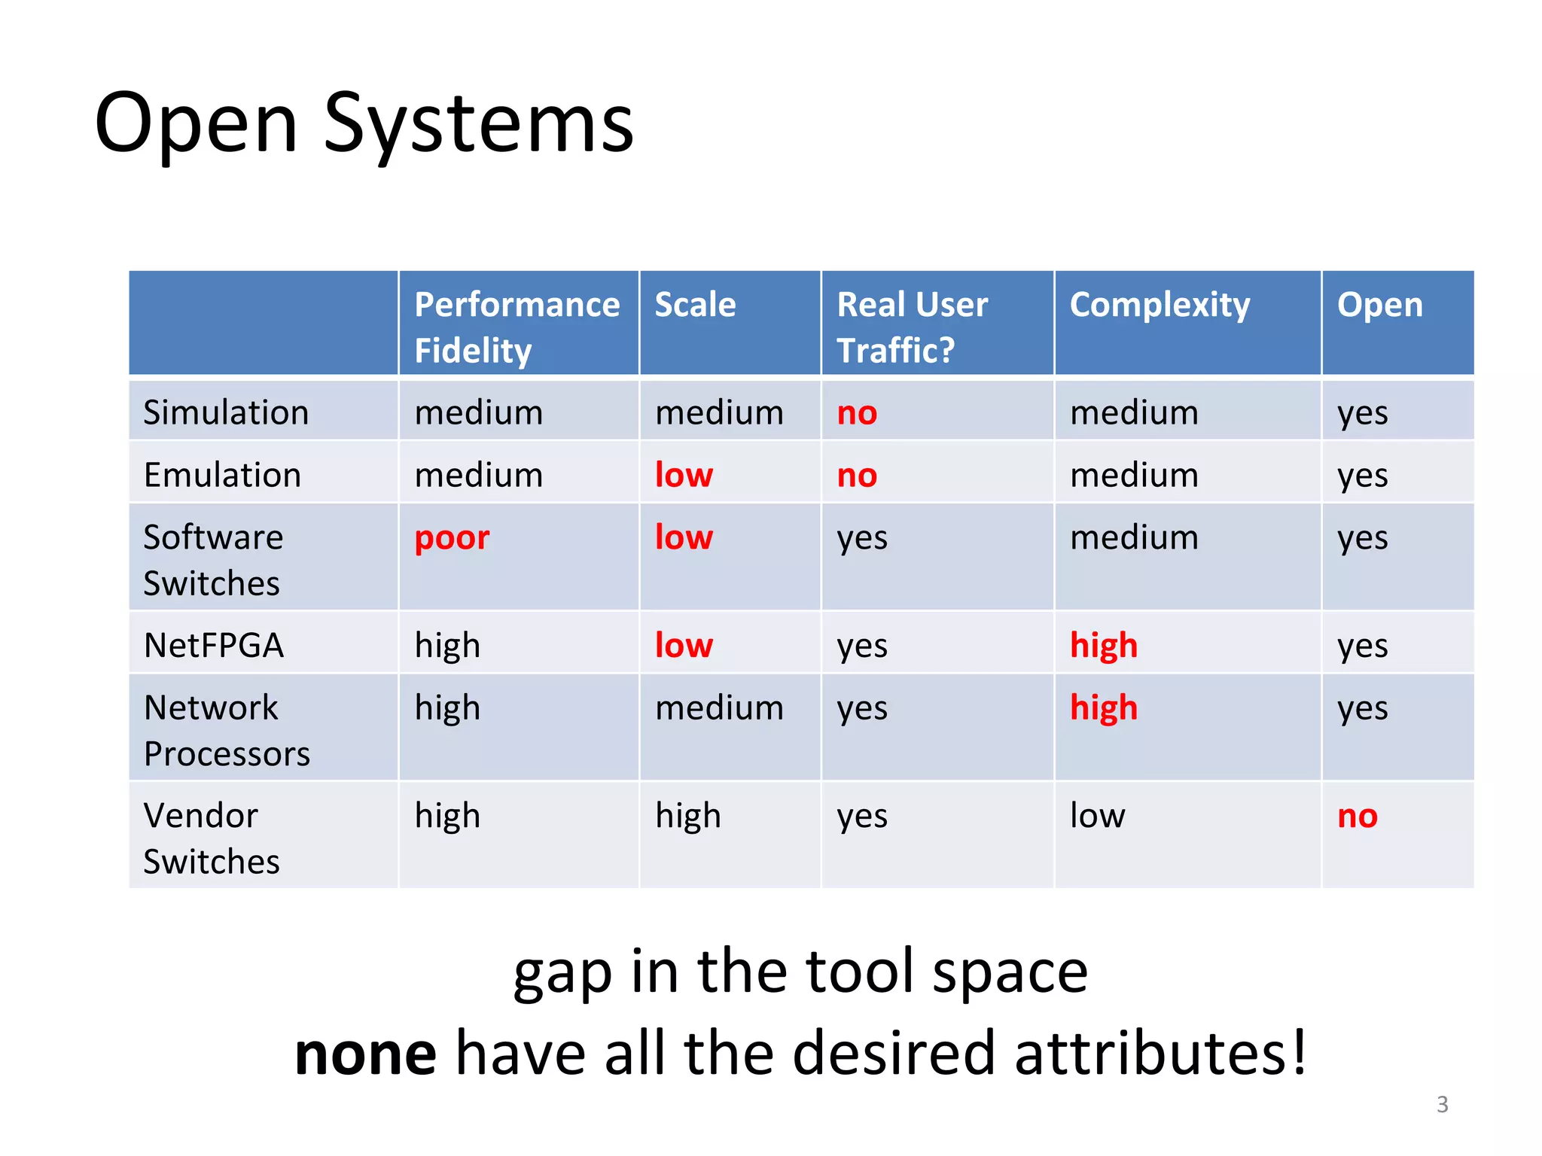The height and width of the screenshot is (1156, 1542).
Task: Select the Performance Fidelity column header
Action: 517,327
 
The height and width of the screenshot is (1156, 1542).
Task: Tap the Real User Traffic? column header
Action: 912,327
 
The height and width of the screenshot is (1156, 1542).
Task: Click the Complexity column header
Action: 1160,305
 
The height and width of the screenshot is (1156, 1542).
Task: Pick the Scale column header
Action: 695,305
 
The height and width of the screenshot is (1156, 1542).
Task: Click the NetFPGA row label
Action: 214,645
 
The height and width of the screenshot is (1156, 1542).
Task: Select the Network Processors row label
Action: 226,730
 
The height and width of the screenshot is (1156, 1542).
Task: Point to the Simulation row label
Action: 226,412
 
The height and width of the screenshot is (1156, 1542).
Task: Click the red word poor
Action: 452,537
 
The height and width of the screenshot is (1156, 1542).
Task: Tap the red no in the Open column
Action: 1358,816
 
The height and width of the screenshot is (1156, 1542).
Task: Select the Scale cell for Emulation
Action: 684,475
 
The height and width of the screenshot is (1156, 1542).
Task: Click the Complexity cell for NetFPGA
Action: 1104,645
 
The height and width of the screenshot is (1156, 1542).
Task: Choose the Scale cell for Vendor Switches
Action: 688,816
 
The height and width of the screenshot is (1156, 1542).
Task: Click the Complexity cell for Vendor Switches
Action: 1097,816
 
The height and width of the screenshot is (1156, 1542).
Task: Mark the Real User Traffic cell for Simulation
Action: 857,412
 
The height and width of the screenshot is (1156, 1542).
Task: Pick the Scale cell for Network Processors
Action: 719,708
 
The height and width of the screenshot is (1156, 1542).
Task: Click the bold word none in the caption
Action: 365,1053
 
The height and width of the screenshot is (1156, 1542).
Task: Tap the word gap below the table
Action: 562,973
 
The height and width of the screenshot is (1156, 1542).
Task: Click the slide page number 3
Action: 1442,1104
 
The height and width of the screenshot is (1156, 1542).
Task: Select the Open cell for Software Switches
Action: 1362,537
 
